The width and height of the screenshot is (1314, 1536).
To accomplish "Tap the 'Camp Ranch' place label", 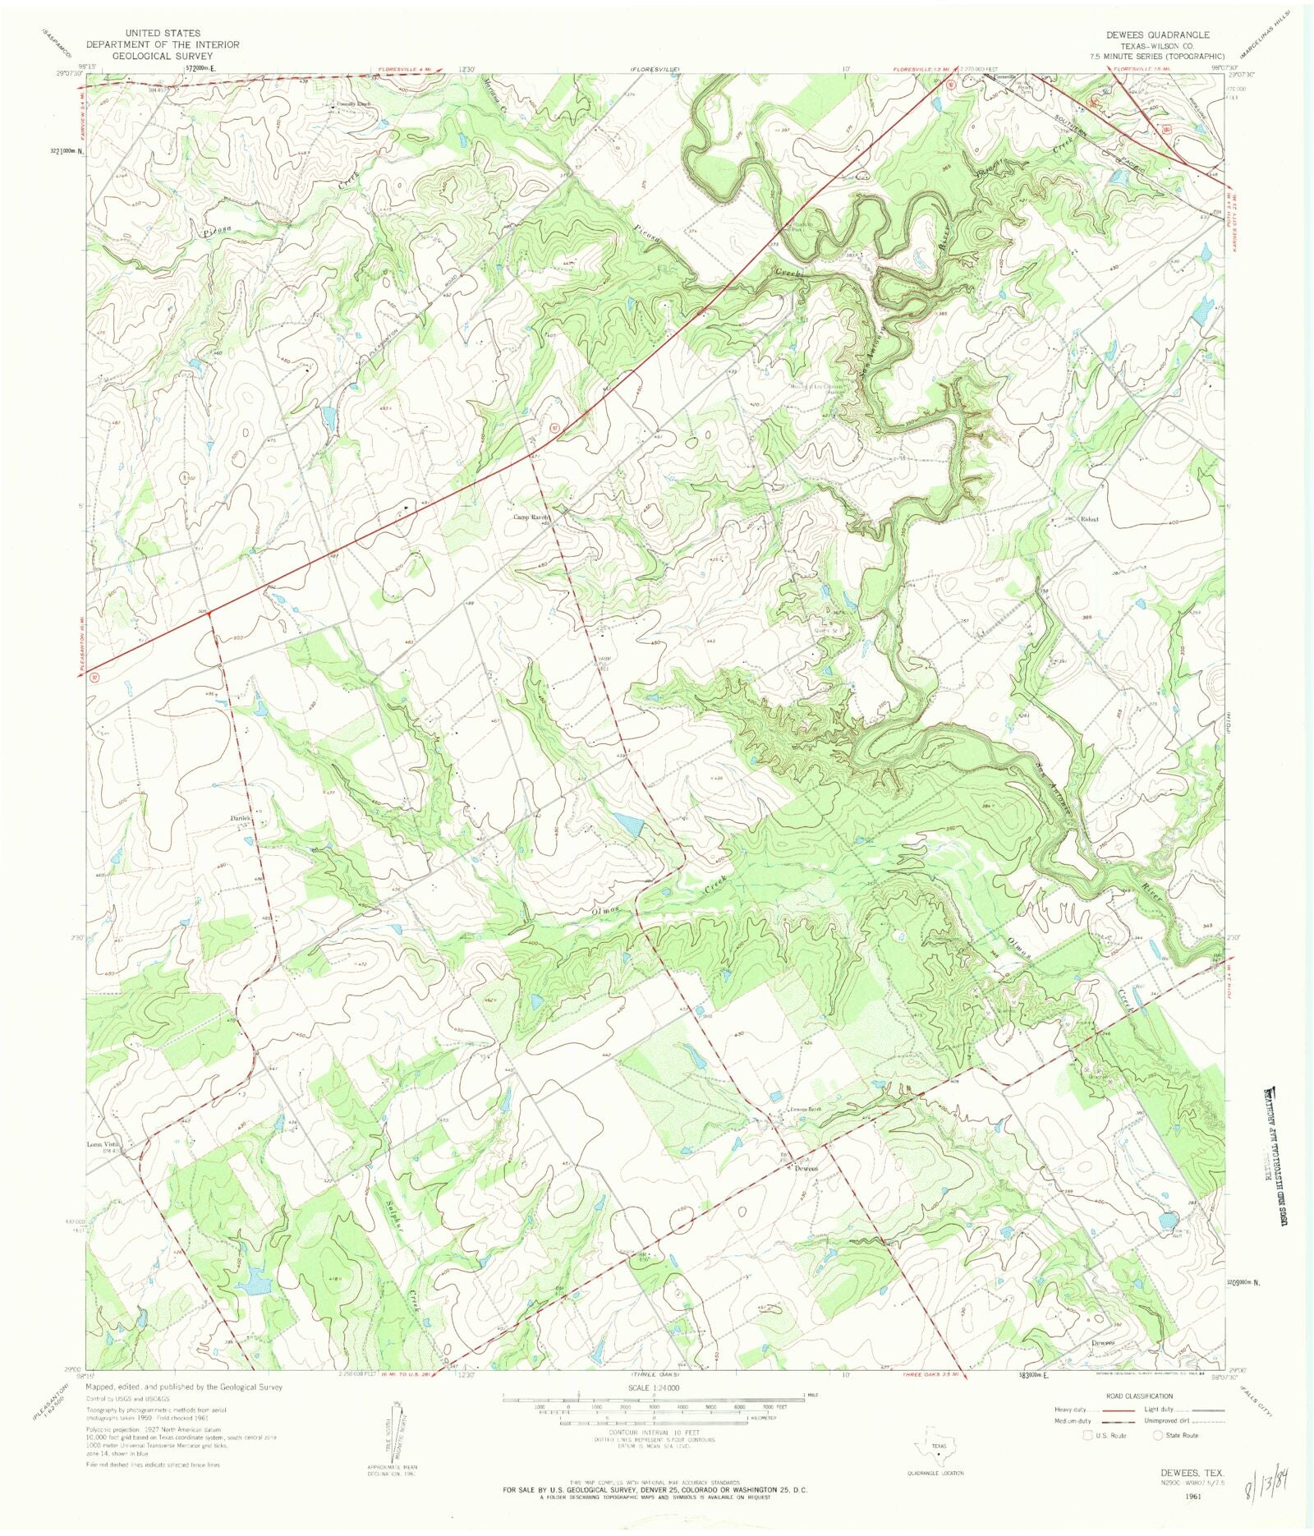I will (x=531, y=517).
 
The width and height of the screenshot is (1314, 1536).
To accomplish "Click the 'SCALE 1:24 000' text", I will (x=654, y=1387).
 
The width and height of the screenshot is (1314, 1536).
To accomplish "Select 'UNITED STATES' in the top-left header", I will (x=163, y=34).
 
